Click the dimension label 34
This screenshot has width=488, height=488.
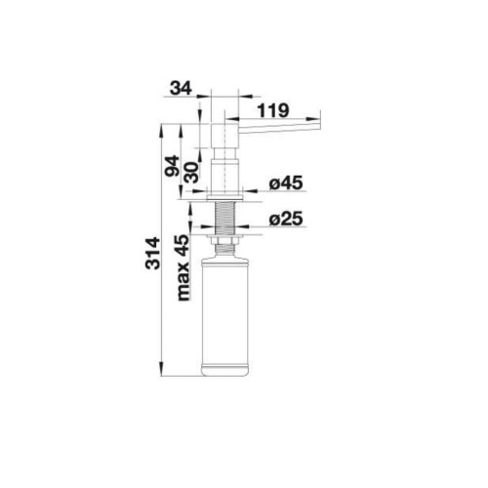pyautogui.click(x=181, y=88)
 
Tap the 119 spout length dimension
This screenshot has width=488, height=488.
pyautogui.click(x=273, y=110)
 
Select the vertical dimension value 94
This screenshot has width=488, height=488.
pyautogui.click(x=172, y=166)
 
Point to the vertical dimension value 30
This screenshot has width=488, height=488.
pyautogui.click(x=191, y=172)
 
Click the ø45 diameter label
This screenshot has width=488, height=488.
pyautogui.click(x=286, y=183)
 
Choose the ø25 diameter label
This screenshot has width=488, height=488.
pyautogui.click(x=286, y=219)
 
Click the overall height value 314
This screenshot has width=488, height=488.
pyautogui.click(x=152, y=254)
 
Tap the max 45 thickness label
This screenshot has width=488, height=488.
pyautogui.click(x=183, y=267)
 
